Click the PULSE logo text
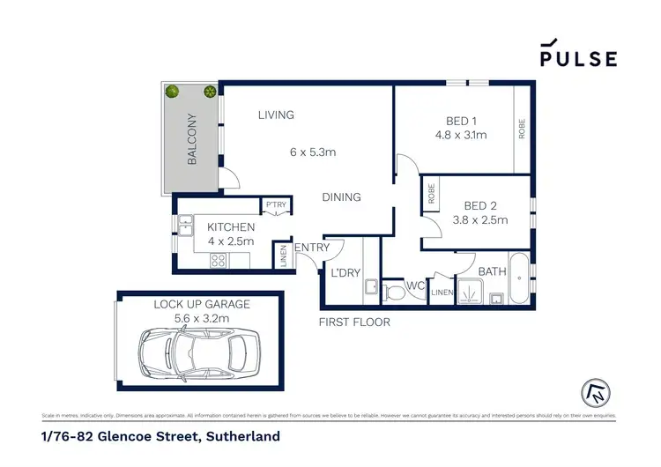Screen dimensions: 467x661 click(x=579, y=58)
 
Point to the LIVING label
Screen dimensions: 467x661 click(x=276, y=115)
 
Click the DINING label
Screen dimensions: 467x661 click(x=341, y=196)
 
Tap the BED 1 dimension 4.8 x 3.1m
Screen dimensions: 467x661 click(x=460, y=136)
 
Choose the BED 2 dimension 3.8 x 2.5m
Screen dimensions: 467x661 click(x=480, y=220)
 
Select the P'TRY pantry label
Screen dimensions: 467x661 click(x=277, y=206)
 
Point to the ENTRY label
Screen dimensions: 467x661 click(x=312, y=248)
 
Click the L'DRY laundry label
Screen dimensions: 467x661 click(x=345, y=273)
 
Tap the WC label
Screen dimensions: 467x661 click(x=416, y=285)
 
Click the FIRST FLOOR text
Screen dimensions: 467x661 click(x=354, y=322)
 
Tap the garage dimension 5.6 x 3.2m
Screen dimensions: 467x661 click(x=203, y=317)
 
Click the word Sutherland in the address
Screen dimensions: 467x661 click(x=242, y=436)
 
